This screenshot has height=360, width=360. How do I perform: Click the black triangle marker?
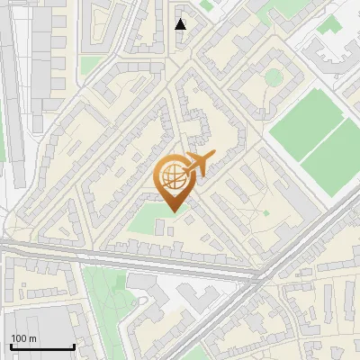pyautogui.click(x=181, y=24)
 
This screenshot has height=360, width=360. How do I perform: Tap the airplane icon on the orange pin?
pyautogui.click(x=200, y=165)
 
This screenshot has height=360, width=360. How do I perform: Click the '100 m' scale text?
pyautogui.click(x=24, y=338)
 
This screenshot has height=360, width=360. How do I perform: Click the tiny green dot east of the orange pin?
pyautogui.click(x=265, y=212)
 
